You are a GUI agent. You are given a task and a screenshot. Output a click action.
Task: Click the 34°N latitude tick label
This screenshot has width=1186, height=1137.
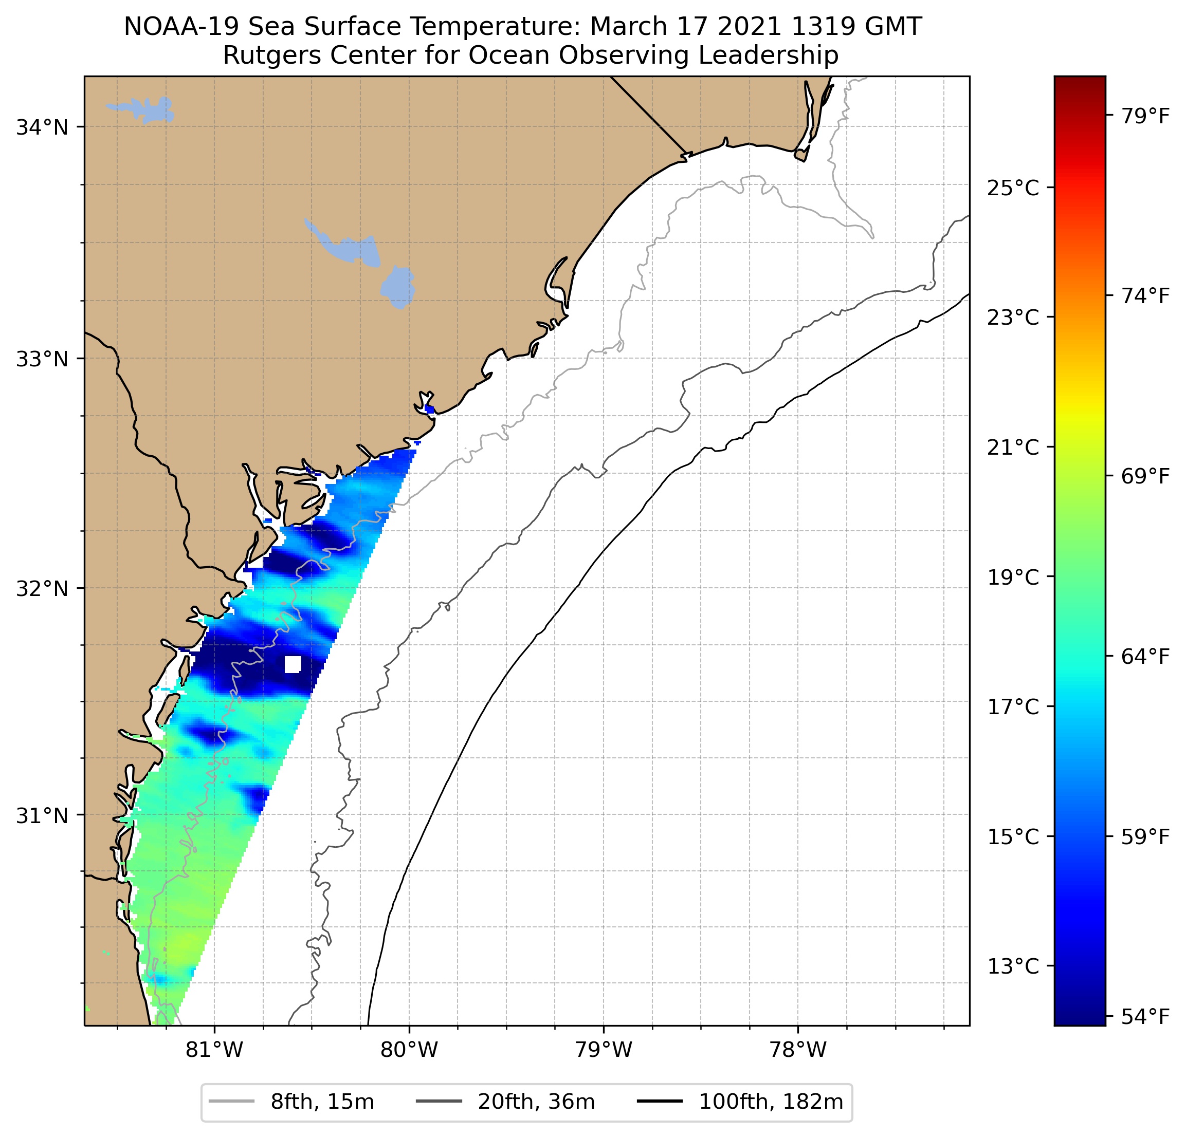click(42, 127)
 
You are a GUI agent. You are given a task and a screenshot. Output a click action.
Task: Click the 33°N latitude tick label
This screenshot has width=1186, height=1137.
click(42, 359)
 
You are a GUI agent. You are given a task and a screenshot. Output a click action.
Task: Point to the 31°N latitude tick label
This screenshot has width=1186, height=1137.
click(42, 816)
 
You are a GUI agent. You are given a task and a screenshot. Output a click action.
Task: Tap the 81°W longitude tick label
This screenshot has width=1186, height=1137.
click(214, 1050)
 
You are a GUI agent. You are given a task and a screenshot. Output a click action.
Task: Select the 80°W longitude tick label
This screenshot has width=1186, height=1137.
click(409, 1050)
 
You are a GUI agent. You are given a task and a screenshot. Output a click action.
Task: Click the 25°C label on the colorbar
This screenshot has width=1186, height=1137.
click(1013, 188)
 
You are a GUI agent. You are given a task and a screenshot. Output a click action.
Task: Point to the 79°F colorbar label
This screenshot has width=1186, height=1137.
click(1145, 116)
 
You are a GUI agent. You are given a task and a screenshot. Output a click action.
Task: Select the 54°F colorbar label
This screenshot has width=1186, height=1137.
click(1145, 1017)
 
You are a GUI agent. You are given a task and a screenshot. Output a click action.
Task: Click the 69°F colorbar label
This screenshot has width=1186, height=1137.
click(1145, 476)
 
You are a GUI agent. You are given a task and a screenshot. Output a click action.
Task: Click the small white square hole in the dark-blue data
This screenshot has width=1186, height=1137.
click(293, 664)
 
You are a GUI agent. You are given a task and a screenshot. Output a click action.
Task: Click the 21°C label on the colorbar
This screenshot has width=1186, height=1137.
click(1013, 448)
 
